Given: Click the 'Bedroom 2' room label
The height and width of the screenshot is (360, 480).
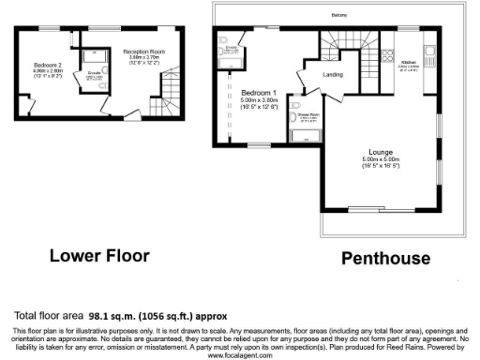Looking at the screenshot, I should (x=42, y=65).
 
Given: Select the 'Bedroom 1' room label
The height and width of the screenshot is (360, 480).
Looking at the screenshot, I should (x=258, y=93).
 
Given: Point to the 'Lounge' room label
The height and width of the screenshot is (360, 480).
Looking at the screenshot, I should (x=381, y=152).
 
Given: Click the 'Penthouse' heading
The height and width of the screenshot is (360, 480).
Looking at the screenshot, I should (x=384, y=258).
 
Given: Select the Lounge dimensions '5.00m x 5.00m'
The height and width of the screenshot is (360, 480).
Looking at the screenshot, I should (x=381, y=159).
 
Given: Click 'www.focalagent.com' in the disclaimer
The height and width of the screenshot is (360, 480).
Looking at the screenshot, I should (x=240, y=355).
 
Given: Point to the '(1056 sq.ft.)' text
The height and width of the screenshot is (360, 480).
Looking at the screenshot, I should (x=177, y=316).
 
